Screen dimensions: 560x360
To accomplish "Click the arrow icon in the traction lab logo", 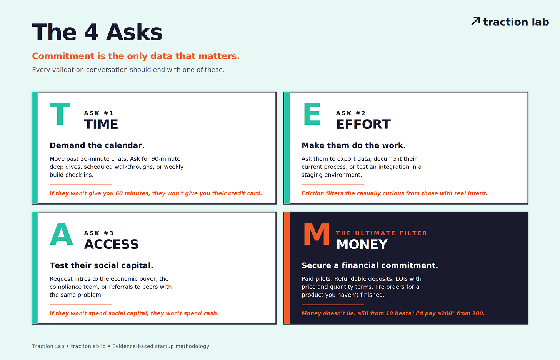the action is coord(475,21).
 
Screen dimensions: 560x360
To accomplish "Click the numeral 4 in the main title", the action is coord(92,32).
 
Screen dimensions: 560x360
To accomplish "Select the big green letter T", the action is coord(60,113).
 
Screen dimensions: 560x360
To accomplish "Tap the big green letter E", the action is coord(312,113).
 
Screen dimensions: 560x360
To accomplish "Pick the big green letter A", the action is coord(61,233).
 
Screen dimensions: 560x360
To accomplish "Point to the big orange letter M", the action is coord(317,233).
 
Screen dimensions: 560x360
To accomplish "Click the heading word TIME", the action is coord(101,124).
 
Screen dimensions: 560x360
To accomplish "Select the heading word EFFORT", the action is coord(363,124).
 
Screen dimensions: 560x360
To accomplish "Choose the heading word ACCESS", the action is coord(111,244).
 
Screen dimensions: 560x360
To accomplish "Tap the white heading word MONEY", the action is coord(362,244).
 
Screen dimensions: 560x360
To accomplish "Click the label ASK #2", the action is coord(351,113).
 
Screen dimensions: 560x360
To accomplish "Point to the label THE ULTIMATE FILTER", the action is coord(382,233).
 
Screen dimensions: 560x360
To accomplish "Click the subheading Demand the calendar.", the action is coord(97,145).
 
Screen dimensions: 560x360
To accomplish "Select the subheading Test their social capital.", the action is coord(101,265).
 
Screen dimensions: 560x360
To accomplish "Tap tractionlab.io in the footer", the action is coord(88,346).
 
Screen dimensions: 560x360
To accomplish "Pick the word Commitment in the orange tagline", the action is coord(63,56).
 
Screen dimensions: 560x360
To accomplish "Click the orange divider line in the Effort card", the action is coord(333,185).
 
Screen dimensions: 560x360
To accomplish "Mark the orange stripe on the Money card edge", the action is coord(287,268).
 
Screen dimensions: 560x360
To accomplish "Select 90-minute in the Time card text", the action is coord(166,159).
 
